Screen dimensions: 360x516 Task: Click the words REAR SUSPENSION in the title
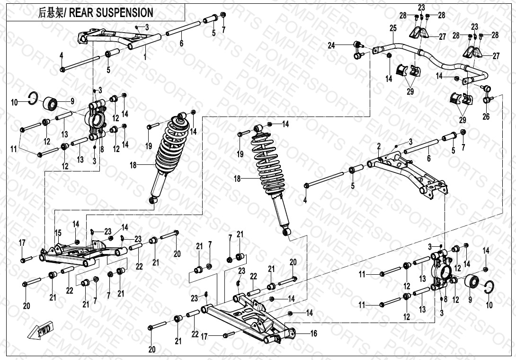112,12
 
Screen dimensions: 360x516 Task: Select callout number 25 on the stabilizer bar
393,28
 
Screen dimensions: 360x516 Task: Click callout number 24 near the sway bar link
331,45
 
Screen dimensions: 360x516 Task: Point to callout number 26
486,117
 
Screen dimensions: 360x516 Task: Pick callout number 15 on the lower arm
58,233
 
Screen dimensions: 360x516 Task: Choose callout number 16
313,333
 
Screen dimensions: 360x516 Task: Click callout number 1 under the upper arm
145,56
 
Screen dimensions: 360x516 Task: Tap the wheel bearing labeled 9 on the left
51,102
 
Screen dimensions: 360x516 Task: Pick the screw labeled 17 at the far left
26,259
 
